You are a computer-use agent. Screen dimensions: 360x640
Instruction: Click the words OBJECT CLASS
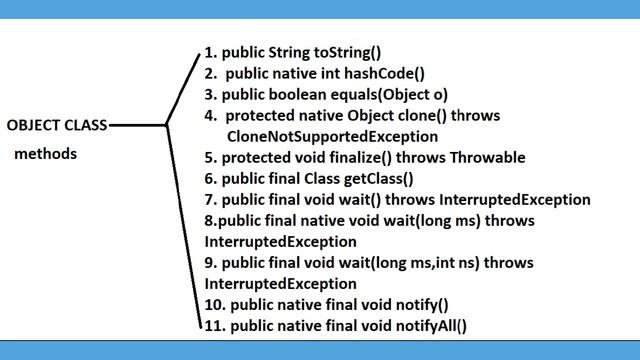(56, 126)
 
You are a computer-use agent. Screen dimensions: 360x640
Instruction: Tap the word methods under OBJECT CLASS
(45, 154)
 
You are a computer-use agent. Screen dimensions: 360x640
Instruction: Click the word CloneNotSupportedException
(332, 136)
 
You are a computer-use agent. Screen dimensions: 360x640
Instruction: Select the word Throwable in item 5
(489, 157)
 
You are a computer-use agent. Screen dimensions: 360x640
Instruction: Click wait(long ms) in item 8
(419, 221)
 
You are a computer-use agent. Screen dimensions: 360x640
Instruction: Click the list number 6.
(209, 178)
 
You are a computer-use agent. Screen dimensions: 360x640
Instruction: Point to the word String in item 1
(290, 53)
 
